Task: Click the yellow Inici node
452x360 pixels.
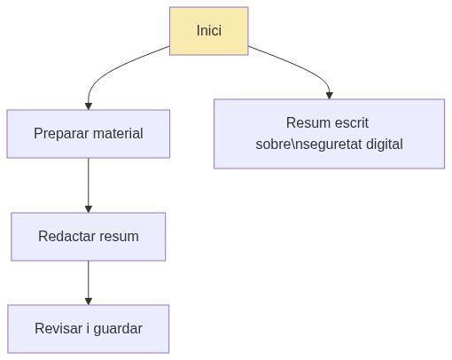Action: click(x=208, y=31)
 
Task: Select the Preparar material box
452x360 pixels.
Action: click(x=88, y=134)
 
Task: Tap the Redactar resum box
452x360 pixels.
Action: click(x=88, y=237)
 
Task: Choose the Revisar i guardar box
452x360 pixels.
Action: click(x=88, y=329)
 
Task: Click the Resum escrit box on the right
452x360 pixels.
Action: click(x=329, y=133)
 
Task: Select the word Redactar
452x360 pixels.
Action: click(x=66, y=237)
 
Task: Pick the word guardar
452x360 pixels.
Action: click(x=117, y=329)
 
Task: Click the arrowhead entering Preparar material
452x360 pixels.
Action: click(x=88, y=105)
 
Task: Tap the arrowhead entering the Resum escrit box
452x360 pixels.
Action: click(x=329, y=94)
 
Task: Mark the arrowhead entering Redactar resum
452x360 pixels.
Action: click(x=88, y=207)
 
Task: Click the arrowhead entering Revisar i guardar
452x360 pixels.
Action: click(x=88, y=300)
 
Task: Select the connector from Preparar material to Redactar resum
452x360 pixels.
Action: click(x=88, y=182)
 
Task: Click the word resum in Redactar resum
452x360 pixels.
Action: click(x=119, y=237)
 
